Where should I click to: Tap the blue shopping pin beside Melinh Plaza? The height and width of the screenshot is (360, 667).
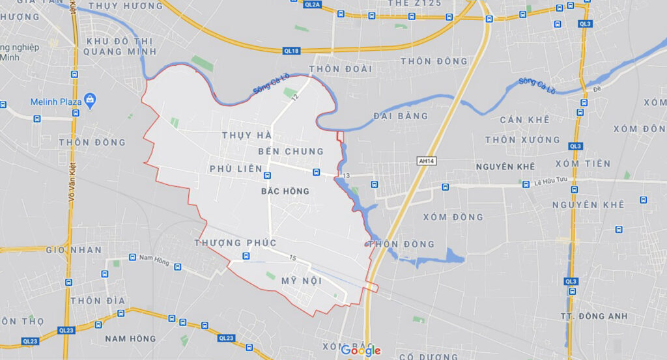91,101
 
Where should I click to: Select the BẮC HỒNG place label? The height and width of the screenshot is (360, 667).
285,191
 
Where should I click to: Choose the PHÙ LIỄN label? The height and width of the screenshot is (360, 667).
231,169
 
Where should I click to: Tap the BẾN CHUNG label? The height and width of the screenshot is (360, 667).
291,151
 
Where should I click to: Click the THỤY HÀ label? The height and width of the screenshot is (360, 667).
246,135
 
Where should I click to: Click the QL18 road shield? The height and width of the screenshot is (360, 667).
291,50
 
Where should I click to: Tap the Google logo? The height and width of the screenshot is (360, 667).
361,351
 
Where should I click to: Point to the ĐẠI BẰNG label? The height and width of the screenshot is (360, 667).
401,116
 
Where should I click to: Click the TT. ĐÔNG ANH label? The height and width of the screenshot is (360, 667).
593,316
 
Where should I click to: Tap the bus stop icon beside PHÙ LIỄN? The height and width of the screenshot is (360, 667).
266,175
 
